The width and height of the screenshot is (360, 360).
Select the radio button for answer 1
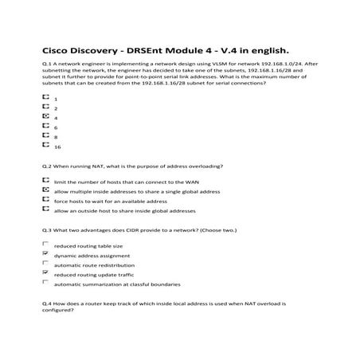point(45,97)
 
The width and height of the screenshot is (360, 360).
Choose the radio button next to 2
point(45,107)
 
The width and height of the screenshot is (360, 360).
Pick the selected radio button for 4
point(45,116)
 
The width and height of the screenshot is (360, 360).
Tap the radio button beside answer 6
point(45,126)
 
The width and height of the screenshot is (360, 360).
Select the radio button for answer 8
point(45,135)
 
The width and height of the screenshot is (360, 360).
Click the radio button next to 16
point(45,145)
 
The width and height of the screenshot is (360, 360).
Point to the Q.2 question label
point(46,166)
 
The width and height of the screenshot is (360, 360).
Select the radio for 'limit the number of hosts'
point(45,181)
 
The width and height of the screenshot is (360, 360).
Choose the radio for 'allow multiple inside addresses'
point(45,190)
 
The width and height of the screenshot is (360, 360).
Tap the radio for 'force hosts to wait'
point(45,200)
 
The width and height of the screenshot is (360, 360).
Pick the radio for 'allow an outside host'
point(45,209)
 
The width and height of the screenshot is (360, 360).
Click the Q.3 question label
point(46,230)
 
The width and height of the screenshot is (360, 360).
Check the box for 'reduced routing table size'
point(45,245)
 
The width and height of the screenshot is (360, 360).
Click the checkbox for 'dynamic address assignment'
point(45,254)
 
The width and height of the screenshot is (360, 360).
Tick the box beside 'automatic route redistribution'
point(45,264)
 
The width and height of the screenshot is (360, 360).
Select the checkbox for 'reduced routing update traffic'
point(45,273)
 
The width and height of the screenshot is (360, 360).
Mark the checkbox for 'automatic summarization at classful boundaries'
point(45,283)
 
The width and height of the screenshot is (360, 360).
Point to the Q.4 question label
point(46,303)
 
